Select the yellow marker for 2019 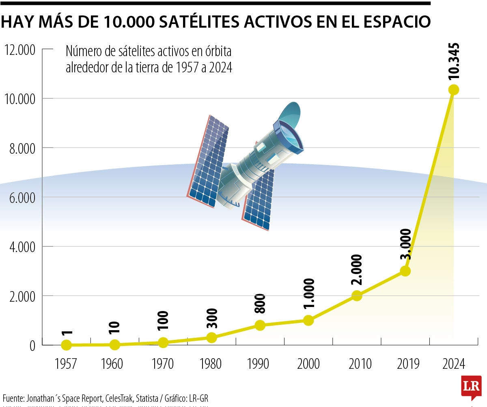405,271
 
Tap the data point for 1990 260,325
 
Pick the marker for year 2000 308,320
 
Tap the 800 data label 260,303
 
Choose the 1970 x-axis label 163,364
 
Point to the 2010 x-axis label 357,364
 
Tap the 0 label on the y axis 32,346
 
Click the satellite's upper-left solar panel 208,161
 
